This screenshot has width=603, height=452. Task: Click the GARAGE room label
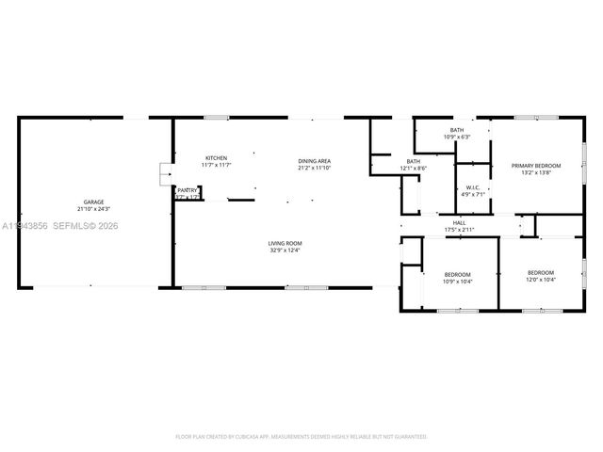coord(94,202)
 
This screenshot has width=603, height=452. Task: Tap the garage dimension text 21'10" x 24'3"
coord(94,208)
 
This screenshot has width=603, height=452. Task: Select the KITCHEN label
coord(216,157)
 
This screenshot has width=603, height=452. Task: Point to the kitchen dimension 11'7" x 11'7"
coord(216,165)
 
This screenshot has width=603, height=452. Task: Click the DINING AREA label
coord(315,161)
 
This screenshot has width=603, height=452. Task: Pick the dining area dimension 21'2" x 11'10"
coord(315,168)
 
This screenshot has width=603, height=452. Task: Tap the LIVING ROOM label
coord(285,243)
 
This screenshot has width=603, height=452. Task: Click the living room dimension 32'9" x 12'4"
coord(285,250)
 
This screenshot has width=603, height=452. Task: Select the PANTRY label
coord(187,190)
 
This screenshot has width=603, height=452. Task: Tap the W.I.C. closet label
coord(473,187)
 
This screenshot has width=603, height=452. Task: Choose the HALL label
coord(461,223)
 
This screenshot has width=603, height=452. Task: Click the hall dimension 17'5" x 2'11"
coord(461,230)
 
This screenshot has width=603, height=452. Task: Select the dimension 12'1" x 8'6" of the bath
coord(414,168)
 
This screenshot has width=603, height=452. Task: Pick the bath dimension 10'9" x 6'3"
coord(457,137)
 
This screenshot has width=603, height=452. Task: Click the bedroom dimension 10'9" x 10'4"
coord(458,281)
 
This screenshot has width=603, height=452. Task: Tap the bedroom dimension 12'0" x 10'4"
coord(541,279)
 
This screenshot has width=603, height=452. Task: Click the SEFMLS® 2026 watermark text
coord(85,226)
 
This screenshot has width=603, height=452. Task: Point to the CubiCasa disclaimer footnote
coord(301,436)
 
